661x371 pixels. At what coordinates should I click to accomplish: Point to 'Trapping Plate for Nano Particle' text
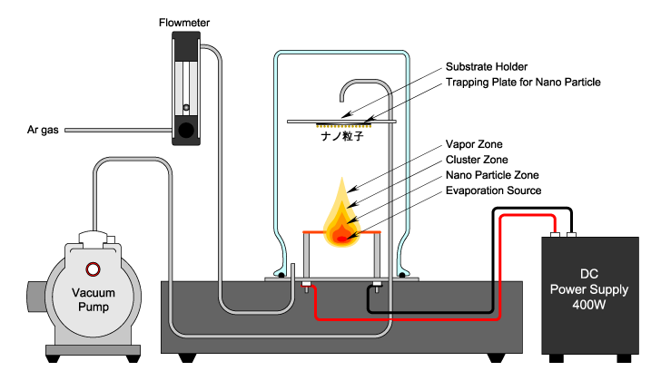tap(523, 83)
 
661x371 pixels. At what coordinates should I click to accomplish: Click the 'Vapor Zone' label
tap(474, 144)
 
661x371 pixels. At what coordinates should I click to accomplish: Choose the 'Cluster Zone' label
tap(477, 160)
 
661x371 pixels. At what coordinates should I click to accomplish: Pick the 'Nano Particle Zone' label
tap(492, 175)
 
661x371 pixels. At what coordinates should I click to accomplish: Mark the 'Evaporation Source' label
tap(493, 190)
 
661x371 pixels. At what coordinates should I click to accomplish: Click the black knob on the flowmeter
tap(186, 130)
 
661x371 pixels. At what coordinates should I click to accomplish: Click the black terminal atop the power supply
tap(573, 234)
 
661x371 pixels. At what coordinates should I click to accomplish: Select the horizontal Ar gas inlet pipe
tap(118, 131)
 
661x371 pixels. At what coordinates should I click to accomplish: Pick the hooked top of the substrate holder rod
tap(352, 86)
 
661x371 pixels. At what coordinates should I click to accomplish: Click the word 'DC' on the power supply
tap(590, 273)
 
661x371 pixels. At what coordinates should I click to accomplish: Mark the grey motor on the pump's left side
tap(35, 296)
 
